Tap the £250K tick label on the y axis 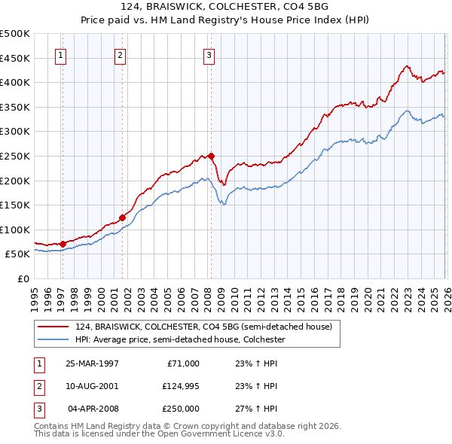(16, 156)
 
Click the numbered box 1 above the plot (60, 54)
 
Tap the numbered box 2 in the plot (120, 54)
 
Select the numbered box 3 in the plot (209, 54)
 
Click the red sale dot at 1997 (63, 243)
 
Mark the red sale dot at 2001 (122, 217)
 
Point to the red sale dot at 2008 (212, 156)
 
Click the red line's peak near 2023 (406, 66)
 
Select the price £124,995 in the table (179, 385)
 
